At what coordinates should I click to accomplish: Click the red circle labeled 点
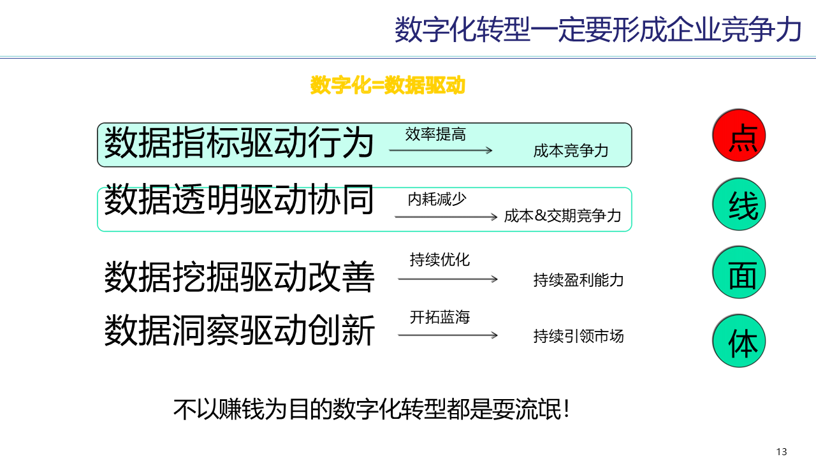coord(738,135)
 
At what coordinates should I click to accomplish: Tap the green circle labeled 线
coord(738,204)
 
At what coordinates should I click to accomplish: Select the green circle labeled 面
coord(738,272)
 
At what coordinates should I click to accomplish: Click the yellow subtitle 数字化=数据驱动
coord(388,85)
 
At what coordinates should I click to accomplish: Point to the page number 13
coord(782,451)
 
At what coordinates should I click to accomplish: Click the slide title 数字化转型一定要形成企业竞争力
coord(598,29)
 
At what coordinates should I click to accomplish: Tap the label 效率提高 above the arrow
coord(435,135)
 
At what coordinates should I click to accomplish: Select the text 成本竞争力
coord(571,151)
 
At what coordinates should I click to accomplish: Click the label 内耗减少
coord(437,200)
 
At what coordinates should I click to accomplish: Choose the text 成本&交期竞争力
coord(562,216)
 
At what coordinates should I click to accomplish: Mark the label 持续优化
coord(439,260)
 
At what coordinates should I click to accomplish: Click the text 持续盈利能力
coord(578,280)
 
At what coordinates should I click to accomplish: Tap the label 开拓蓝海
coord(439,317)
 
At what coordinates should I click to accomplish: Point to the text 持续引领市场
coord(578,336)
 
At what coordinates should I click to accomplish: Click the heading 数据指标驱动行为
coord(239,142)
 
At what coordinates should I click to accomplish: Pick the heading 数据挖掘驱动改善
coord(239,276)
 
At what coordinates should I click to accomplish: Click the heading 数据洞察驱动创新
coord(239,330)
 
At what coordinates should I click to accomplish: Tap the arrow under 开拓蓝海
coord(448,335)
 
